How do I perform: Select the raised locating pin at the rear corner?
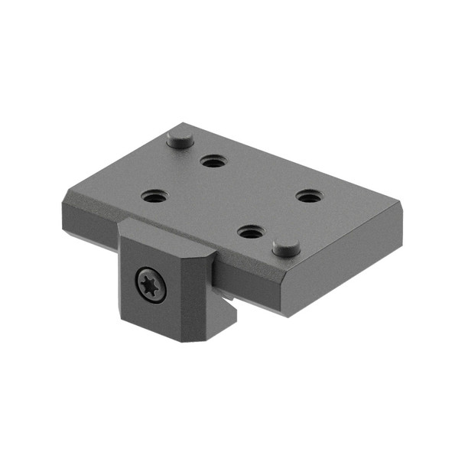pyautogui.click(x=179, y=138)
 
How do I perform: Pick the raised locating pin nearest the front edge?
pyautogui.click(x=286, y=247)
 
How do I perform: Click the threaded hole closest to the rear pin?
pyautogui.click(x=212, y=161)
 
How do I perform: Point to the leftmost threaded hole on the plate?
pyautogui.click(x=154, y=196)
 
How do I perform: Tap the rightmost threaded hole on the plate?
pyautogui.click(x=308, y=197)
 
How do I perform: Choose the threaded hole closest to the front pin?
pyautogui.click(x=249, y=230)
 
